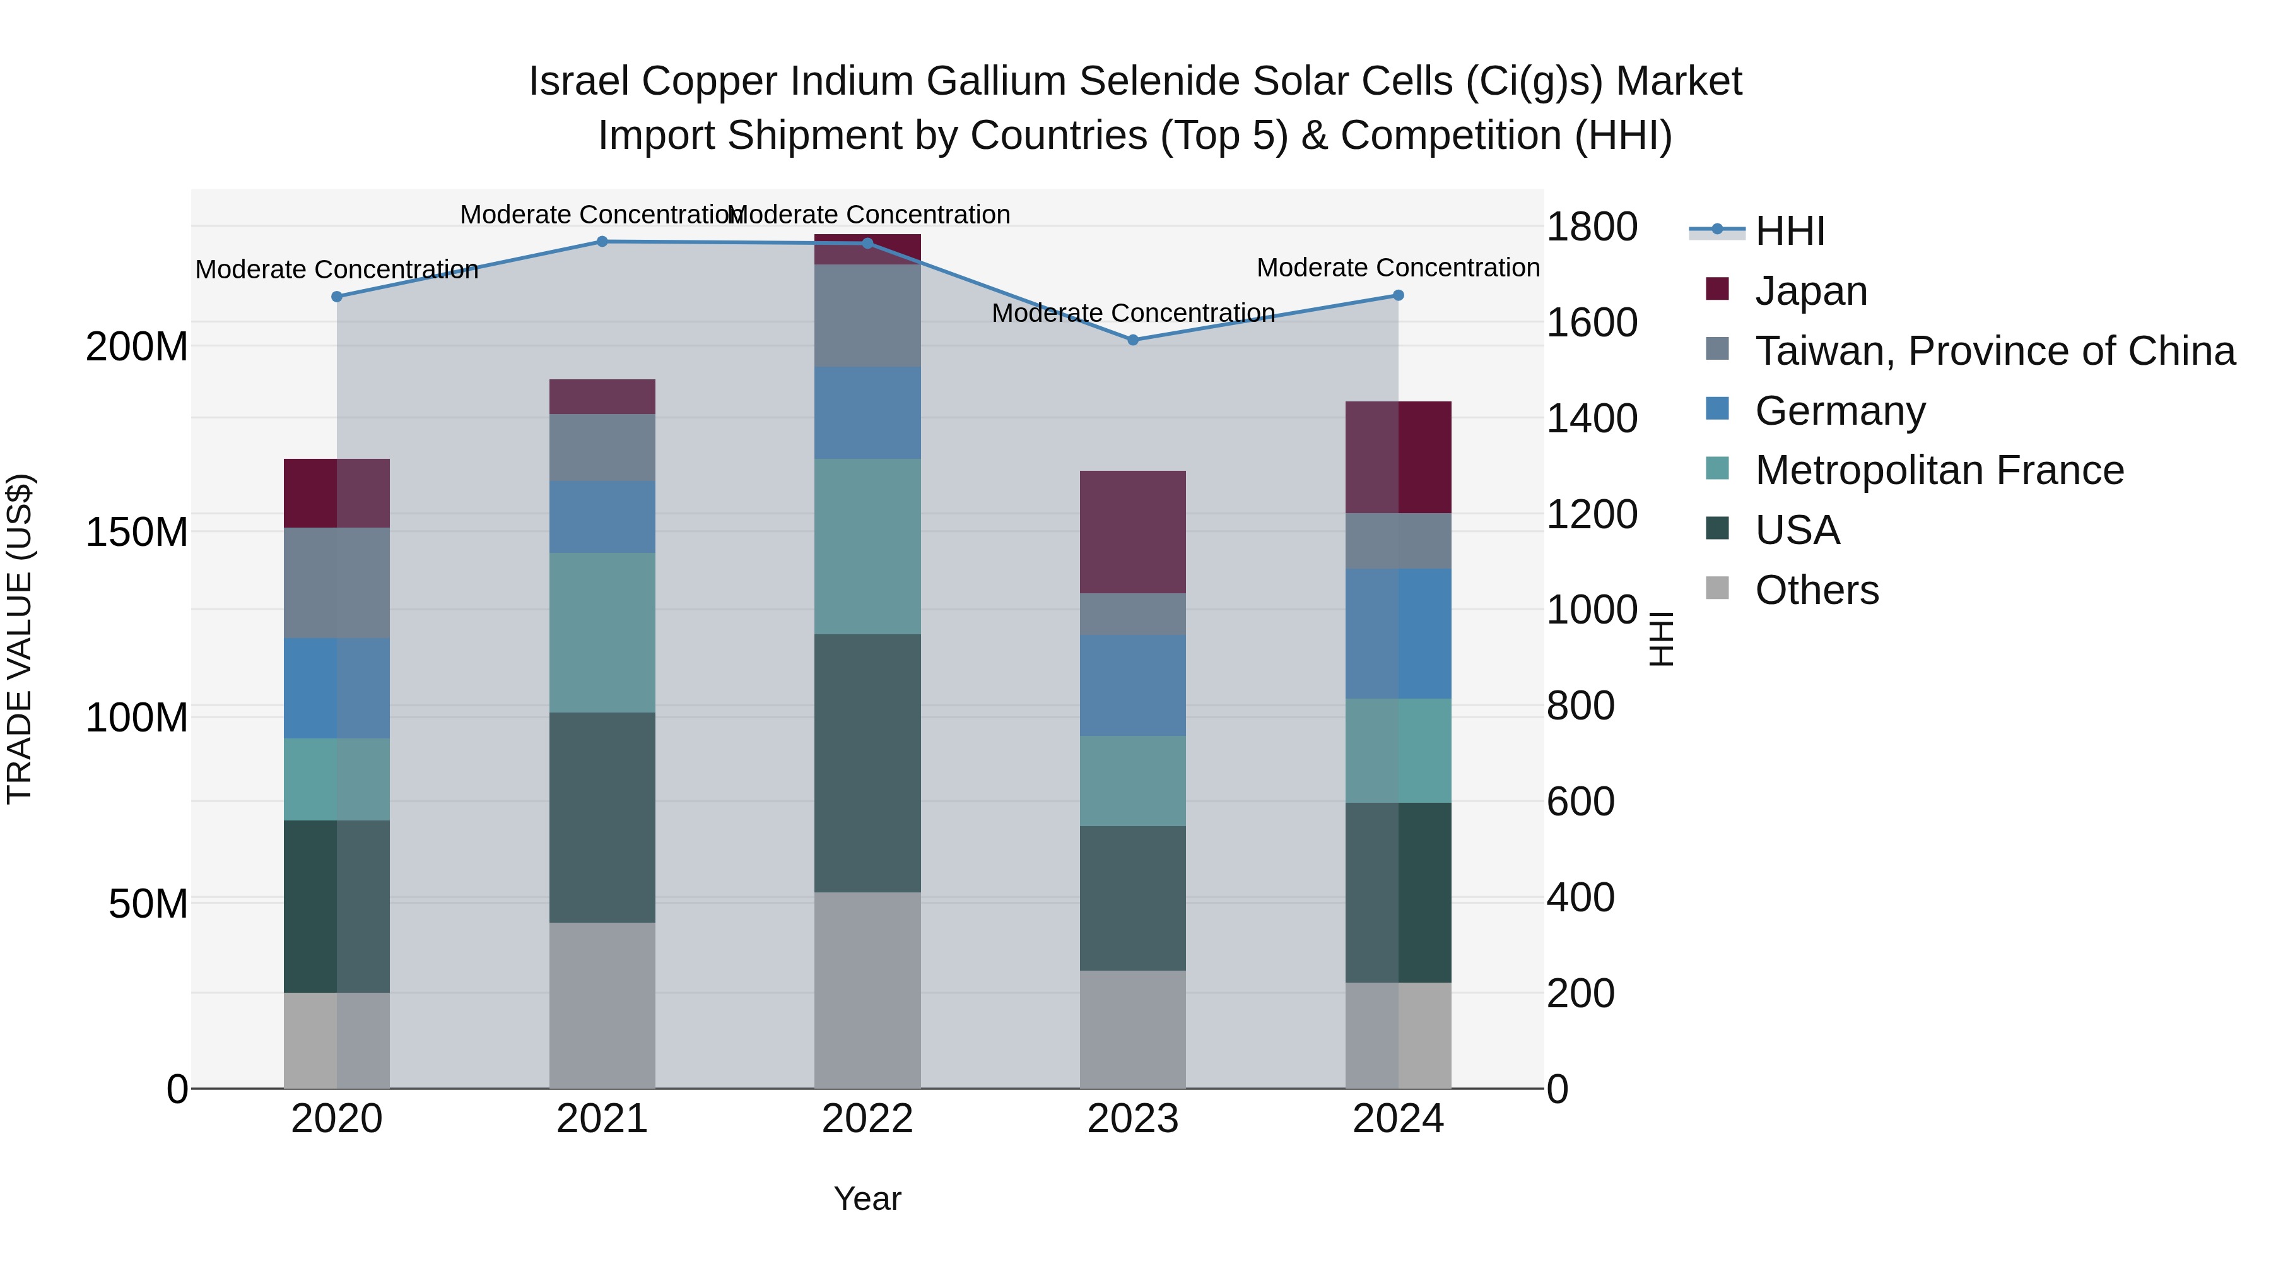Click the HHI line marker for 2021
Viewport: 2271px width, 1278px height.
602,241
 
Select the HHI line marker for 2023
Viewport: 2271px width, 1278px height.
1133,340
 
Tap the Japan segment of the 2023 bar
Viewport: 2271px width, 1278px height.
1133,532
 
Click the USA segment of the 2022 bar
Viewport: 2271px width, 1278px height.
867,763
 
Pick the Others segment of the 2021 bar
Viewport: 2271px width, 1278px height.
602,1005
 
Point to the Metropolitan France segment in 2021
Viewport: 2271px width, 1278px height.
602,632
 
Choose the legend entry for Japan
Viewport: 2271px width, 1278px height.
1810,290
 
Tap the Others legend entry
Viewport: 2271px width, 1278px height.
1816,590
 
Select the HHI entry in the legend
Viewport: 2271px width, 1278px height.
1789,231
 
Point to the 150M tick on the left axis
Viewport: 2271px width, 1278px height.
137,532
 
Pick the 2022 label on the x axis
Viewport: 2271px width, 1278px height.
867,1119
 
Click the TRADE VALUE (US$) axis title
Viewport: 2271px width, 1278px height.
20,639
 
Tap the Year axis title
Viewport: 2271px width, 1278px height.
867,1198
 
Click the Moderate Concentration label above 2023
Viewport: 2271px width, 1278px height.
1133,313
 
